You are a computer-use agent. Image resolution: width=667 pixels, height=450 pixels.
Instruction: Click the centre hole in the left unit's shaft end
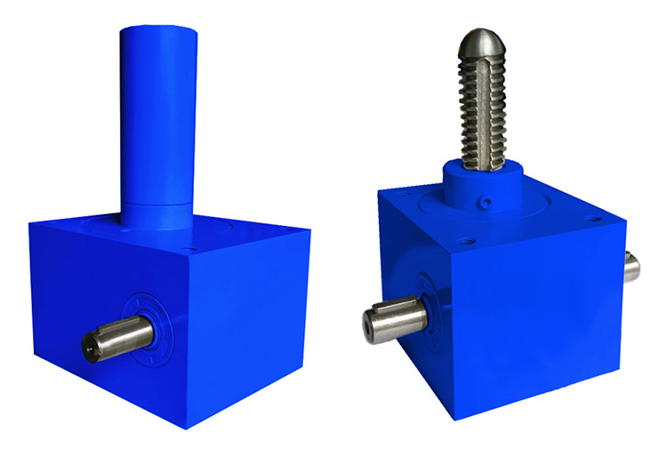[x=89, y=349]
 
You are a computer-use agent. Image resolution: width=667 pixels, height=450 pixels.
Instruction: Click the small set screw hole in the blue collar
[x=488, y=201]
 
